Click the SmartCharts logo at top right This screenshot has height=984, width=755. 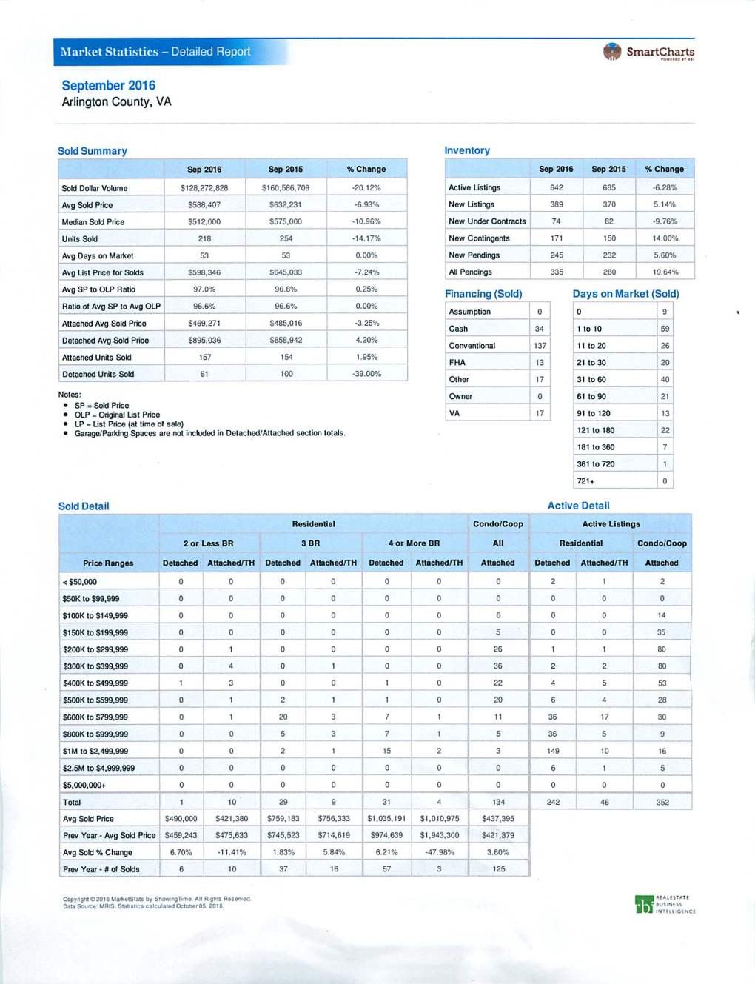tap(648, 52)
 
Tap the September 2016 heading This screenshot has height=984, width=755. tap(108, 85)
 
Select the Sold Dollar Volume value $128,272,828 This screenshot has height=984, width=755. tap(204, 188)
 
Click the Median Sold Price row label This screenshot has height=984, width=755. tap(93, 222)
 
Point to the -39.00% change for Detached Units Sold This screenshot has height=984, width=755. tap(366, 374)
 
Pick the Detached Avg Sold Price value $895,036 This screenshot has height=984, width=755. tap(204, 341)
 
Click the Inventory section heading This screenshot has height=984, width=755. tap(467, 150)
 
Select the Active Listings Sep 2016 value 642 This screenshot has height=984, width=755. tap(557, 187)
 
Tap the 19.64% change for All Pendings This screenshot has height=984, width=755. tap(665, 272)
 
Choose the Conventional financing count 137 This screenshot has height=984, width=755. tap(540, 346)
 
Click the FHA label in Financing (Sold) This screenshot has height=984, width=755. tap(457, 363)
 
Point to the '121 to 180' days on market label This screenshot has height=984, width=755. tap(596, 430)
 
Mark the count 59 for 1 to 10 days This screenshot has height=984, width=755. tap(665, 329)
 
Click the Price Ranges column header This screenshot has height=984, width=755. tap(108, 563)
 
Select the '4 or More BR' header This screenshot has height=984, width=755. tap(414, 543)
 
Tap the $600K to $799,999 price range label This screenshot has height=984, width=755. tap(95, 717)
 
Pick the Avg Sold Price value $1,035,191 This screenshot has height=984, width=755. tap(386, 819)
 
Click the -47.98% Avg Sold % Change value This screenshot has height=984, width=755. tap(439, 852)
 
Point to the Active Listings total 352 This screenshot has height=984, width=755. tap(662, 802)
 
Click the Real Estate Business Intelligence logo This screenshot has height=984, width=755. tap(665, 905)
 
